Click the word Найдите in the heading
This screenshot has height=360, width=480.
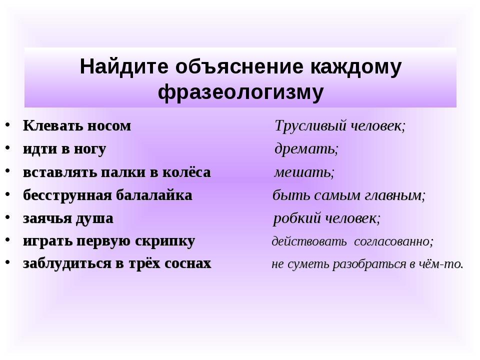point(124,67)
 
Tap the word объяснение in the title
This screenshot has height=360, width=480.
point(239,67)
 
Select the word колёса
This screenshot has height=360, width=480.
point(186,172)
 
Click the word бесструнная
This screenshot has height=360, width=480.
point(67,196)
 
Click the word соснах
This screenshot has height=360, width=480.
point(187,264)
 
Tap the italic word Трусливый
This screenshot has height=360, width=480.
point(310,126)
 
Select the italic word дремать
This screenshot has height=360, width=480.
point(306,149)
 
